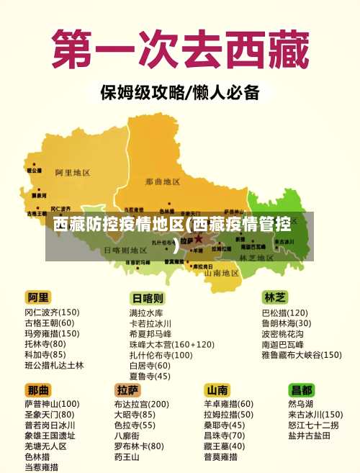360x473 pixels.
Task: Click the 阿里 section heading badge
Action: (39, 297)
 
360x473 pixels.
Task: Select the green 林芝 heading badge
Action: (275, 297)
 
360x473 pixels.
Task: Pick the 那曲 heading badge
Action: (39, 389)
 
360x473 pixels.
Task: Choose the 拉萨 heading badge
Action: (128, 389)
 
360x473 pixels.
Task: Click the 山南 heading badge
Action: (217, 389)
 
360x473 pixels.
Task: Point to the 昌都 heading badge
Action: (302, 389)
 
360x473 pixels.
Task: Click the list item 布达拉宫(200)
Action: (141, 404)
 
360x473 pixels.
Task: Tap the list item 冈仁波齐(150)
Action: (52, 312)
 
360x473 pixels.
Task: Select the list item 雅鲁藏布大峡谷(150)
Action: (301, 355)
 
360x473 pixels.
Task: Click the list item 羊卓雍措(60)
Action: (228, 404)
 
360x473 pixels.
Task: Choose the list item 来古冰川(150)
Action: (315, 415)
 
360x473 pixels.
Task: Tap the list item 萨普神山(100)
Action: (52, 404)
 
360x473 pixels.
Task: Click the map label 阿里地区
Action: (72, 173)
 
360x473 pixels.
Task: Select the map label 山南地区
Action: (222, 273)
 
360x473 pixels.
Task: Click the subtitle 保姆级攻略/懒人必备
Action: (179, 92)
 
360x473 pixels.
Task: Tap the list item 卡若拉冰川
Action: (150, 324)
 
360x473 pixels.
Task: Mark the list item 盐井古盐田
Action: (310, 436)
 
